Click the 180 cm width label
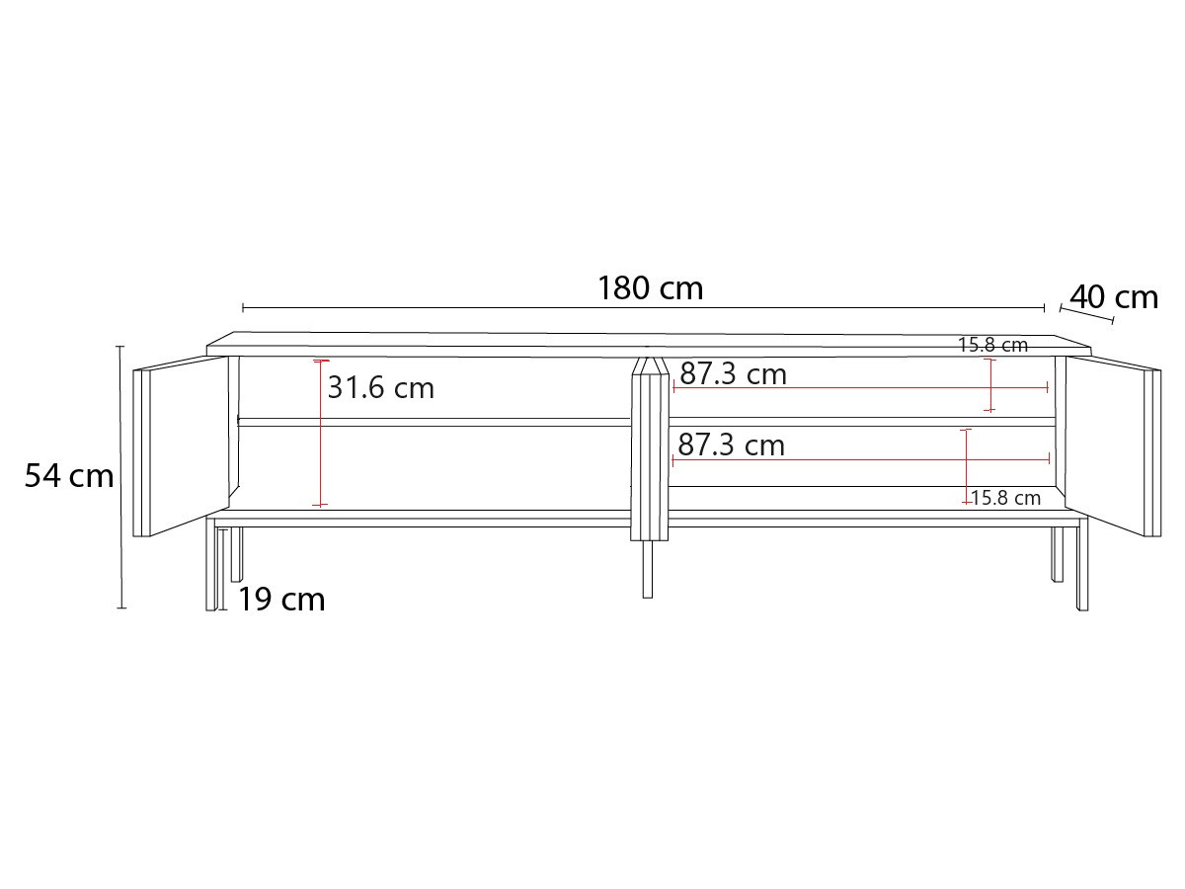[x=650, y=288]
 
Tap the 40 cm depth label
[x=1113, y=297]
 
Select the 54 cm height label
[x=69, y=476]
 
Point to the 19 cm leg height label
[x=281, y=600]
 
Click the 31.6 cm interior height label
[x=380, y=387]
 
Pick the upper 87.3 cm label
[x=733, y=373]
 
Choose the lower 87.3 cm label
[x=731, y=444]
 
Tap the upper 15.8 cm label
[x=992, y=345]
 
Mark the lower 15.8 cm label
[x=1005, y=498]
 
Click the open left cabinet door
[x=181, y=445]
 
